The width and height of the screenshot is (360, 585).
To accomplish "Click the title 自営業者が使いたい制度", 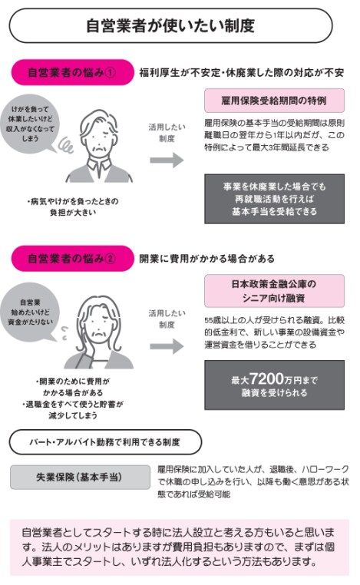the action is coord(170,26).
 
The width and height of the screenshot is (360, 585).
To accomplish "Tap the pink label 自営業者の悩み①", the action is coord(72,72).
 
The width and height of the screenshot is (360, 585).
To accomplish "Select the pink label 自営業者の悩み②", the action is coord(72,258).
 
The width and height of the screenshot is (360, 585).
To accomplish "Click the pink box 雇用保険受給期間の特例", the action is coord(274,101).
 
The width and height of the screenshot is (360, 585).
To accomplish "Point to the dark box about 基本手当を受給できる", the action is coord(274,199).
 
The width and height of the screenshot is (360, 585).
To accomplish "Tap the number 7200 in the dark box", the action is coord(266,378).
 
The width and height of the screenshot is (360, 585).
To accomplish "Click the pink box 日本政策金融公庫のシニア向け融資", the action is coord(274,291).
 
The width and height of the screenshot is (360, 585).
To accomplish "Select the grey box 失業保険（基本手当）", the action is coord(80,478).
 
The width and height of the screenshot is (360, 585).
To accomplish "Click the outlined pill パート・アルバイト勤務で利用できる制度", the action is coord(105,442).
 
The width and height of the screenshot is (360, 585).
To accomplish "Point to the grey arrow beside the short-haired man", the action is coord(167,160).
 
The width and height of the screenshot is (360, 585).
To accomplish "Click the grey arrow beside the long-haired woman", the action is coord(167,346).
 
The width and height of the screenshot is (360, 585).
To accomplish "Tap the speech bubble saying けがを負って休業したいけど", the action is coord(31,124).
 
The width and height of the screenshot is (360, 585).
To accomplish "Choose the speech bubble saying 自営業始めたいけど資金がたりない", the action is coord(31,312).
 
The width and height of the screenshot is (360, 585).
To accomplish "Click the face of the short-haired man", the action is coord(99,138).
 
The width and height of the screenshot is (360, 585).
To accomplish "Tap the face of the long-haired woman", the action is coord(99,325).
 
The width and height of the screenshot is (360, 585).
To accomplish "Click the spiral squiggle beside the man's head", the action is coord(67,145).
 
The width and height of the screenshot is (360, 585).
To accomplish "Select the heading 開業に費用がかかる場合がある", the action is coord(206,259).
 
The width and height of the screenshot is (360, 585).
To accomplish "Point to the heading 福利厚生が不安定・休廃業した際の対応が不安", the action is coord(241,72).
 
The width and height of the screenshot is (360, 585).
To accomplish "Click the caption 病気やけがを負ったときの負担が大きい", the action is coord(73,207).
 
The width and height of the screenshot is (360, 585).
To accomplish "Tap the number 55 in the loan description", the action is coord(209,320).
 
